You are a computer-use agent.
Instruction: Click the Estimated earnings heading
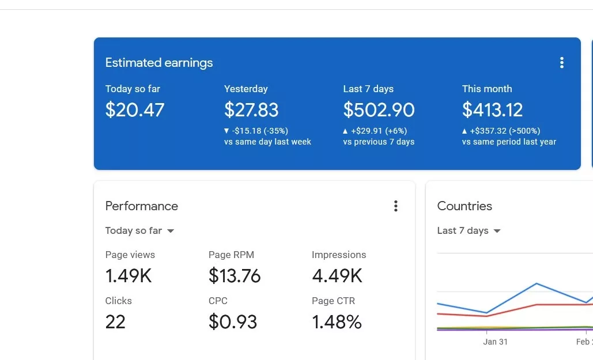tap(159, 63)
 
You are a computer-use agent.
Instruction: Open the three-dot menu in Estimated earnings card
tap(562, 63)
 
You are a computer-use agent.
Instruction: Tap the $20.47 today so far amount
tap(135, 110)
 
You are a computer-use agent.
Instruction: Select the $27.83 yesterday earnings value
tap(251, 110)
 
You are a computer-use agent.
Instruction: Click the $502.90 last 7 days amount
tap(379, 110)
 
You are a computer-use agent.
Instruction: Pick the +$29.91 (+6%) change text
tap(379, 131)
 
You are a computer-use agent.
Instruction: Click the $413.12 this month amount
tap(492, 110)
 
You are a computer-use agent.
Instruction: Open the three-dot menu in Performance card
tap(395, 206)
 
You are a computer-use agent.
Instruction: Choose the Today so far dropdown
tap(139, 231)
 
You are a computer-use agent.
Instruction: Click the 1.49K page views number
tap(129, 276)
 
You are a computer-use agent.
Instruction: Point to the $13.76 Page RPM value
tap(235, 276)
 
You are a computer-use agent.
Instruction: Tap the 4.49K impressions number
tap(337, 276)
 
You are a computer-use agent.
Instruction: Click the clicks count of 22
tap(115, 321)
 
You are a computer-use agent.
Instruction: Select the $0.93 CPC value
tap(233, 321)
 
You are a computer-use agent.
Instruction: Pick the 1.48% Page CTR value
tap(337, 321)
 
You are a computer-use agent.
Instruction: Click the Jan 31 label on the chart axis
tap(495, 342)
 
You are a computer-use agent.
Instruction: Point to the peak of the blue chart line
tap(537, 283)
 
